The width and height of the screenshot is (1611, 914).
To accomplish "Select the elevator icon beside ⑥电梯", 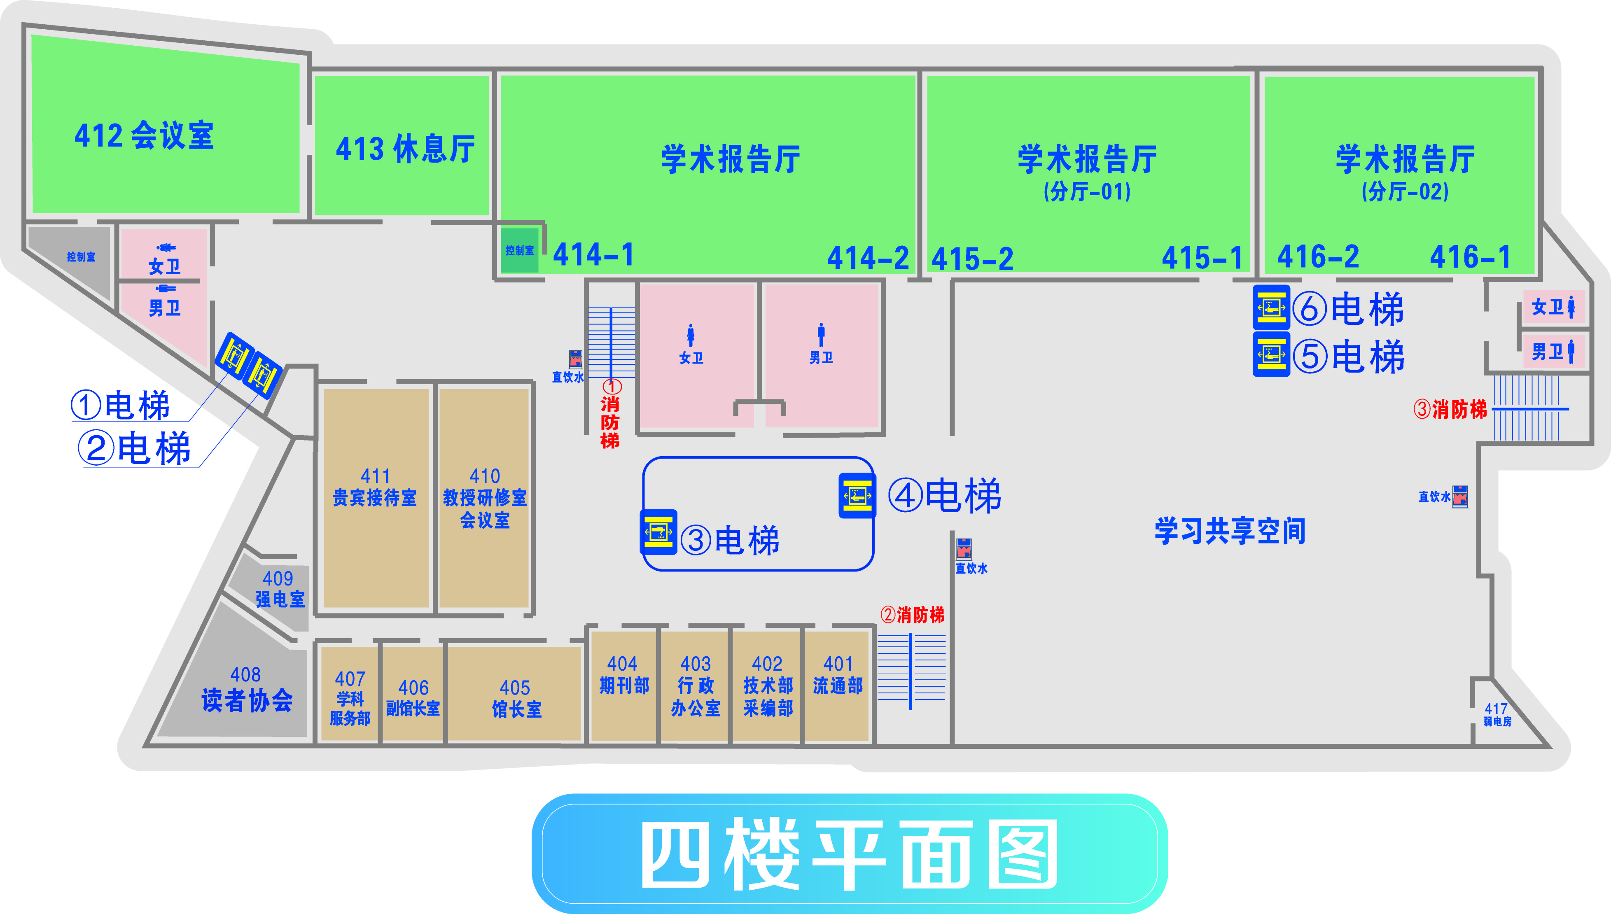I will tap(1271, 308).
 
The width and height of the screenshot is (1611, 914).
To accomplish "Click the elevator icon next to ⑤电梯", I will tap(1271, 354).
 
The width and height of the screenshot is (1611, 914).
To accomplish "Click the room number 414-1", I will tap(593, 255).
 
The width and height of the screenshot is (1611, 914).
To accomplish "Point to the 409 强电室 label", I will tap(279, 589).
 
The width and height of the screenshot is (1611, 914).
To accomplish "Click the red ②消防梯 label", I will tap(912, 615).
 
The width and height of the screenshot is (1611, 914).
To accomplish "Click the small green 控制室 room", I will tap(519, 250).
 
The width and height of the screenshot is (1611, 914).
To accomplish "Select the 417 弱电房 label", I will tap(1497, 714).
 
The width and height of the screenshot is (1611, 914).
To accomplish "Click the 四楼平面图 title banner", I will tap(849, 854).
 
